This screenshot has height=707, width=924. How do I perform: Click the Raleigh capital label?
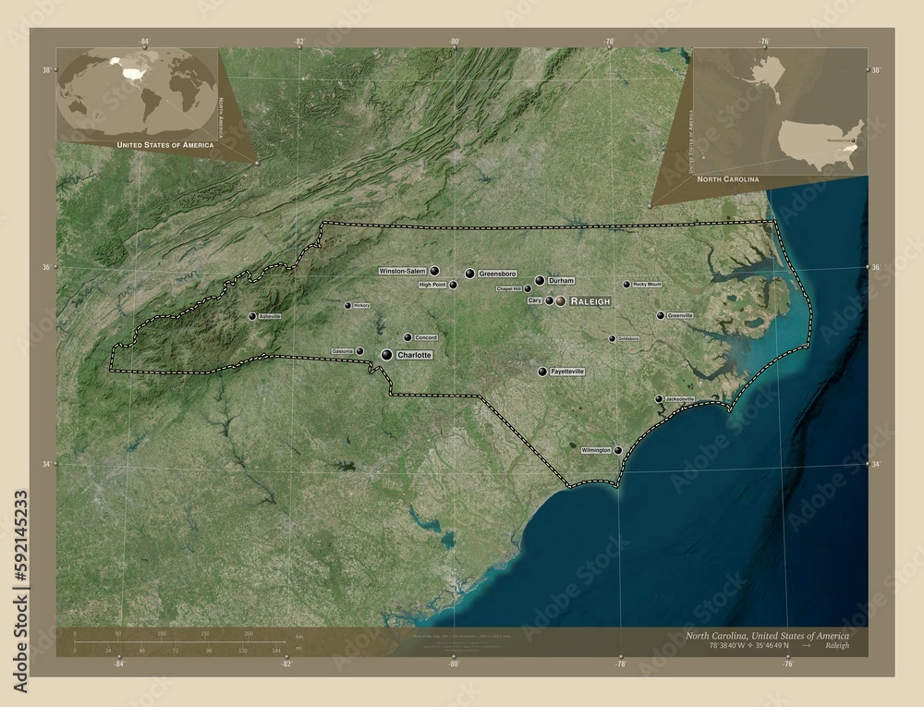[x=590, y=301]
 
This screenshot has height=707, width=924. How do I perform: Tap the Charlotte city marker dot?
[x=386, y=355]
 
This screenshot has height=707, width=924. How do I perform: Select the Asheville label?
[x=270, y=316]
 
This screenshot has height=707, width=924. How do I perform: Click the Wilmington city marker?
[x=618, y=451]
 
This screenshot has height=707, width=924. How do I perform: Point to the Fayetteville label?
[x=567, y=372]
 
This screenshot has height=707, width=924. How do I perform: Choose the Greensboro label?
[x=497, y=274]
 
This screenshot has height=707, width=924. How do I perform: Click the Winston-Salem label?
[x=402, y=271]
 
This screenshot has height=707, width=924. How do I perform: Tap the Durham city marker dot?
[x=540, y=280]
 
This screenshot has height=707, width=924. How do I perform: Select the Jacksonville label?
[x=680, y=399]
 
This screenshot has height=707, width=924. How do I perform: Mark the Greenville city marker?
[x=661, y=315]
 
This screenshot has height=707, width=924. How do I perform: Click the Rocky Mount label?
[x=648, y=285]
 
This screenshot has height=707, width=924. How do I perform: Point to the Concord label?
[x=425, y=337]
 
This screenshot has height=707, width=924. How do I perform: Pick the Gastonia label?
[x=342, y=351]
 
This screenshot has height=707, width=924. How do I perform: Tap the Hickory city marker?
[x=347, y=305]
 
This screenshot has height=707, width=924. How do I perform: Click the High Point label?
[x=432, y=285]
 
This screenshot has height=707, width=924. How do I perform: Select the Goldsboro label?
[x=628, y=338]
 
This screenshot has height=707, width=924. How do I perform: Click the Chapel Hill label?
[x=509, y=288]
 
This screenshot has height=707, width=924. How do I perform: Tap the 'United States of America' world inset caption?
[x=164, y=145]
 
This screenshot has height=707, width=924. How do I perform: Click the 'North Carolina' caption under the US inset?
[x=728, y=177]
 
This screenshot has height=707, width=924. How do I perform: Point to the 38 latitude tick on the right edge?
[x=874, y=70]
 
